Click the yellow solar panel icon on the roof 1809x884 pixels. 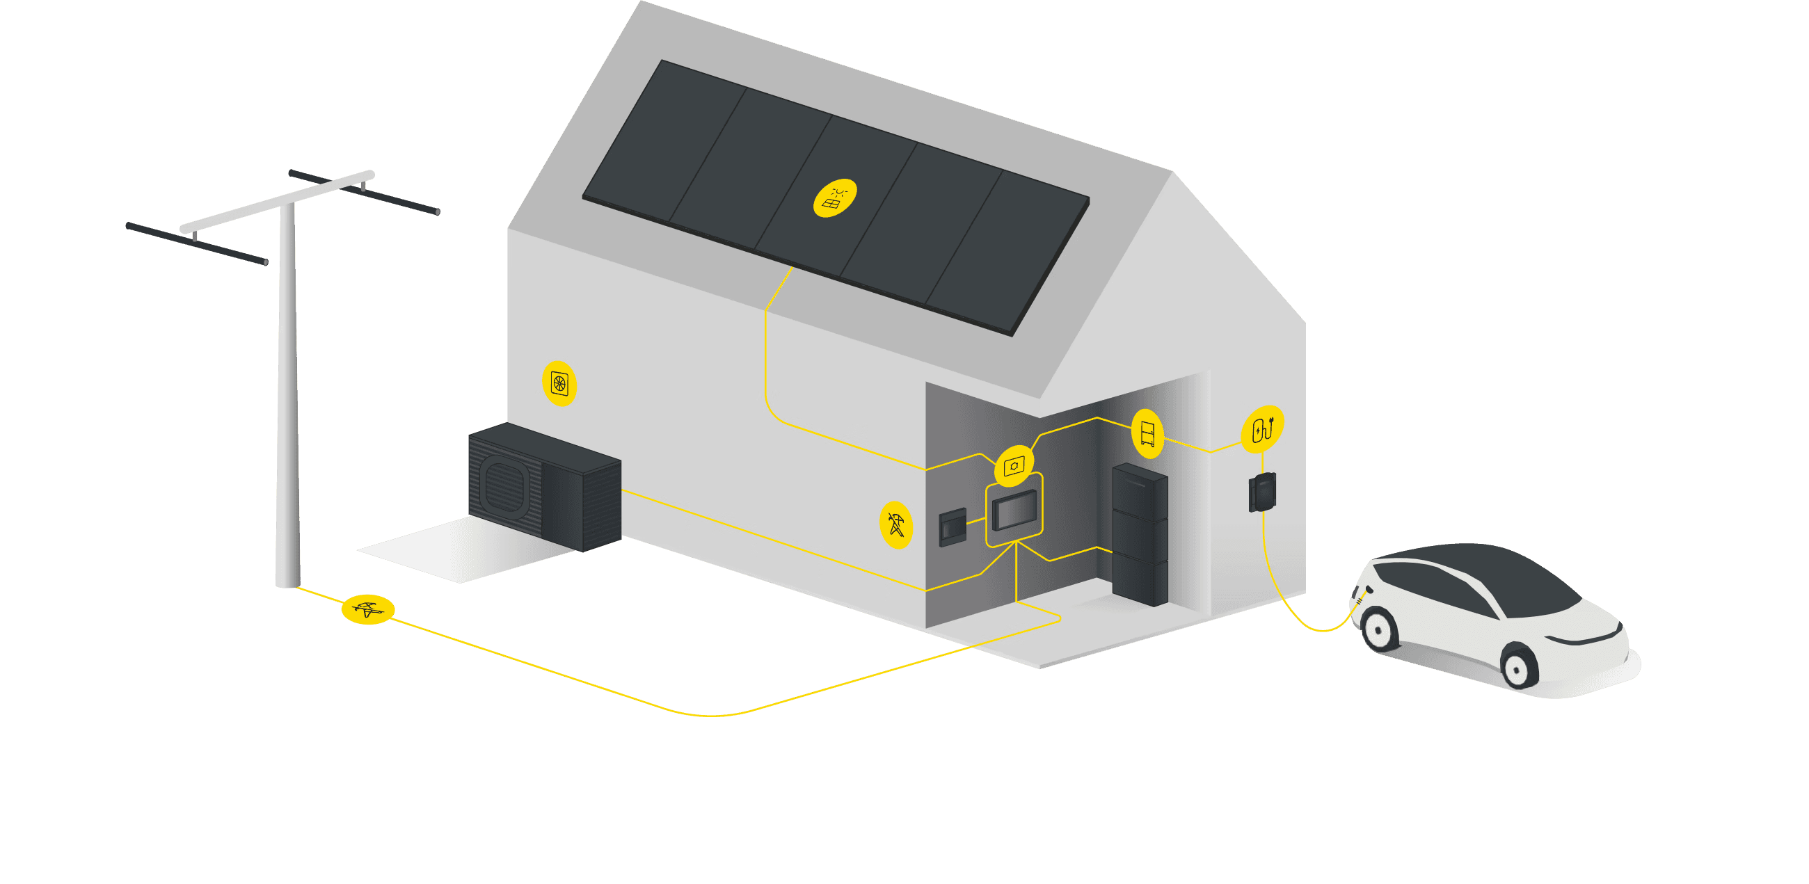[x=835, y=198]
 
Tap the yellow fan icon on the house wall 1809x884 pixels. [x=559, y=383]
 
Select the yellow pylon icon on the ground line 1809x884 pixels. [x=368, y=609]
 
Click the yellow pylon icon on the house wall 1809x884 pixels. [x=896, y=524]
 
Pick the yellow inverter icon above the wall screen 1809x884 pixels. [x=1014, y=465]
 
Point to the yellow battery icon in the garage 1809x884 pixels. [x=1147, y=433]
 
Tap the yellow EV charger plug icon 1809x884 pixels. [x=1263, y=428]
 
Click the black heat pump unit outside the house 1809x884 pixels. [x=545, y=486]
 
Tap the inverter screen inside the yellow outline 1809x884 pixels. [x=1014, y=511]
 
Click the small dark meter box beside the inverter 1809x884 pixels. [x=953, y=527]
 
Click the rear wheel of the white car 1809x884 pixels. [x=1379, y=628]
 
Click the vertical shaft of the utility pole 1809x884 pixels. [x=288, y=393]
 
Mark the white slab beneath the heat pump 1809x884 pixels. [x=463, y=555]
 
